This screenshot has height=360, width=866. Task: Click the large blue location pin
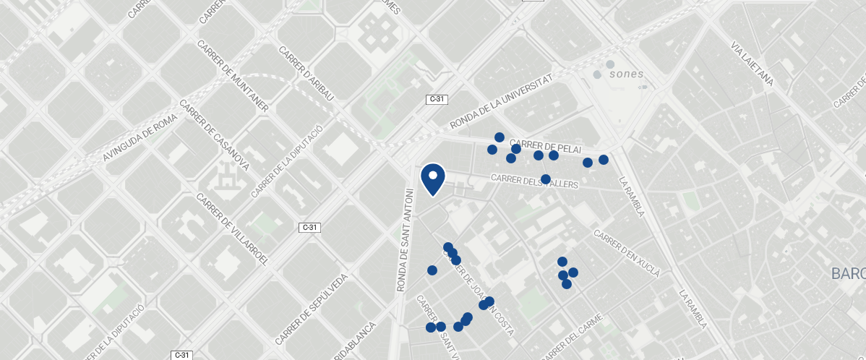tap(432, 179)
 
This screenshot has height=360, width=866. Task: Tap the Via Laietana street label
tap(753, 64)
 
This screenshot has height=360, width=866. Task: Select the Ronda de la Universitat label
tap(501, 102)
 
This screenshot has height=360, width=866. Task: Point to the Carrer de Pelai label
tap(545, 145)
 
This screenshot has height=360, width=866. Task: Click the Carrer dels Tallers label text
tap(535, 181)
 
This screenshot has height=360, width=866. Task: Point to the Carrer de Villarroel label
tap(232, 229)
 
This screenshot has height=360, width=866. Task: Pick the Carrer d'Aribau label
tap(306, 74)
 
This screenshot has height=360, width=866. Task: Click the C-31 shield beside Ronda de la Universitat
tap(436, 99)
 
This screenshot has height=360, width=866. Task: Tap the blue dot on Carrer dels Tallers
tap(546, 179)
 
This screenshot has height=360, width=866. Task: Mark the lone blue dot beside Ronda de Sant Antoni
tap(432, 270)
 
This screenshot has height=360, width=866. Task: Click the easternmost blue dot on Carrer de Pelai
tap(604, 160)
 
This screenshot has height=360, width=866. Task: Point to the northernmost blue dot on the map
tap(499, 137)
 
